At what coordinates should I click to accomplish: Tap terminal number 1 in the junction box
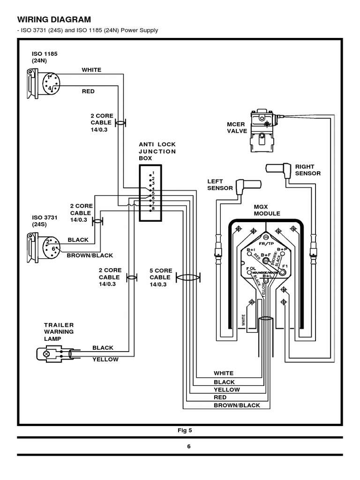click(x=152, y=173)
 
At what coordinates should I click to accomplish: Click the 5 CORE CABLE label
click(x=161, y=277)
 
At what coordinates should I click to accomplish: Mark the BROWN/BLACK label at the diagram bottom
click(x=233, y=405)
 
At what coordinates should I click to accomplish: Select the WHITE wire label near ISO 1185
click(x=91, y=70)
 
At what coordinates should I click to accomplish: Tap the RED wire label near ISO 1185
click(x=88, y=91)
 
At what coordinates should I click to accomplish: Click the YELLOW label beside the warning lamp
click(x=105, y=360)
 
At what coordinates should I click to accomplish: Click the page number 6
click(x=189, y=446)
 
